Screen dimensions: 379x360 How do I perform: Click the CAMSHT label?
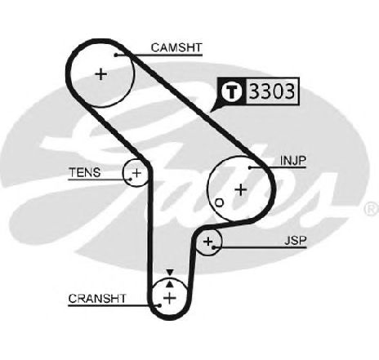(176, 47)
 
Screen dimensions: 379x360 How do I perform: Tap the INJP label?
(293, 161)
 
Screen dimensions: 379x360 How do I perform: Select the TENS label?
(85, 172)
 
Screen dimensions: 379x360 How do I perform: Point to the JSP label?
(296, 241)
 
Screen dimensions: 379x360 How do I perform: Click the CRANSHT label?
(97, 299)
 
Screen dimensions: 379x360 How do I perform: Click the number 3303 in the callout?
(272, 91)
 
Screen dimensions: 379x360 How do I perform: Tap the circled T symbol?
(232, 91)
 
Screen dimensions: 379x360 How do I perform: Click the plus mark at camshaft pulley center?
(101, 74)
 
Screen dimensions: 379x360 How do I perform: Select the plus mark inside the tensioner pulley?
(136, 173)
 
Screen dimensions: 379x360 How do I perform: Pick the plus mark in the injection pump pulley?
(241, 189)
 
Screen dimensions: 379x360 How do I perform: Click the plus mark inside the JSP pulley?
(208, 242)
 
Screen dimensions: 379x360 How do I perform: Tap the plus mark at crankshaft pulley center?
(170, 298)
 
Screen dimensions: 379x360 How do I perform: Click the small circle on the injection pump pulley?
(220, 202)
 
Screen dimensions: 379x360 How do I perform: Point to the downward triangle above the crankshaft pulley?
(170, 273)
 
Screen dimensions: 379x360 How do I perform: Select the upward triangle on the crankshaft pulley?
(170, 284)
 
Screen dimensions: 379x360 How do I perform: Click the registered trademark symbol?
(372, 209)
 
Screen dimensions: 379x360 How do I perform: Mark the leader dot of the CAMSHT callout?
(116, 55)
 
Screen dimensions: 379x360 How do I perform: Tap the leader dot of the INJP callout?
(250, 167)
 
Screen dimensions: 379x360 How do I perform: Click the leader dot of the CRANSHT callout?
(159, 305)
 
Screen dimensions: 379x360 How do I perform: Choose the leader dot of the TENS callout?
(131, 180)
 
